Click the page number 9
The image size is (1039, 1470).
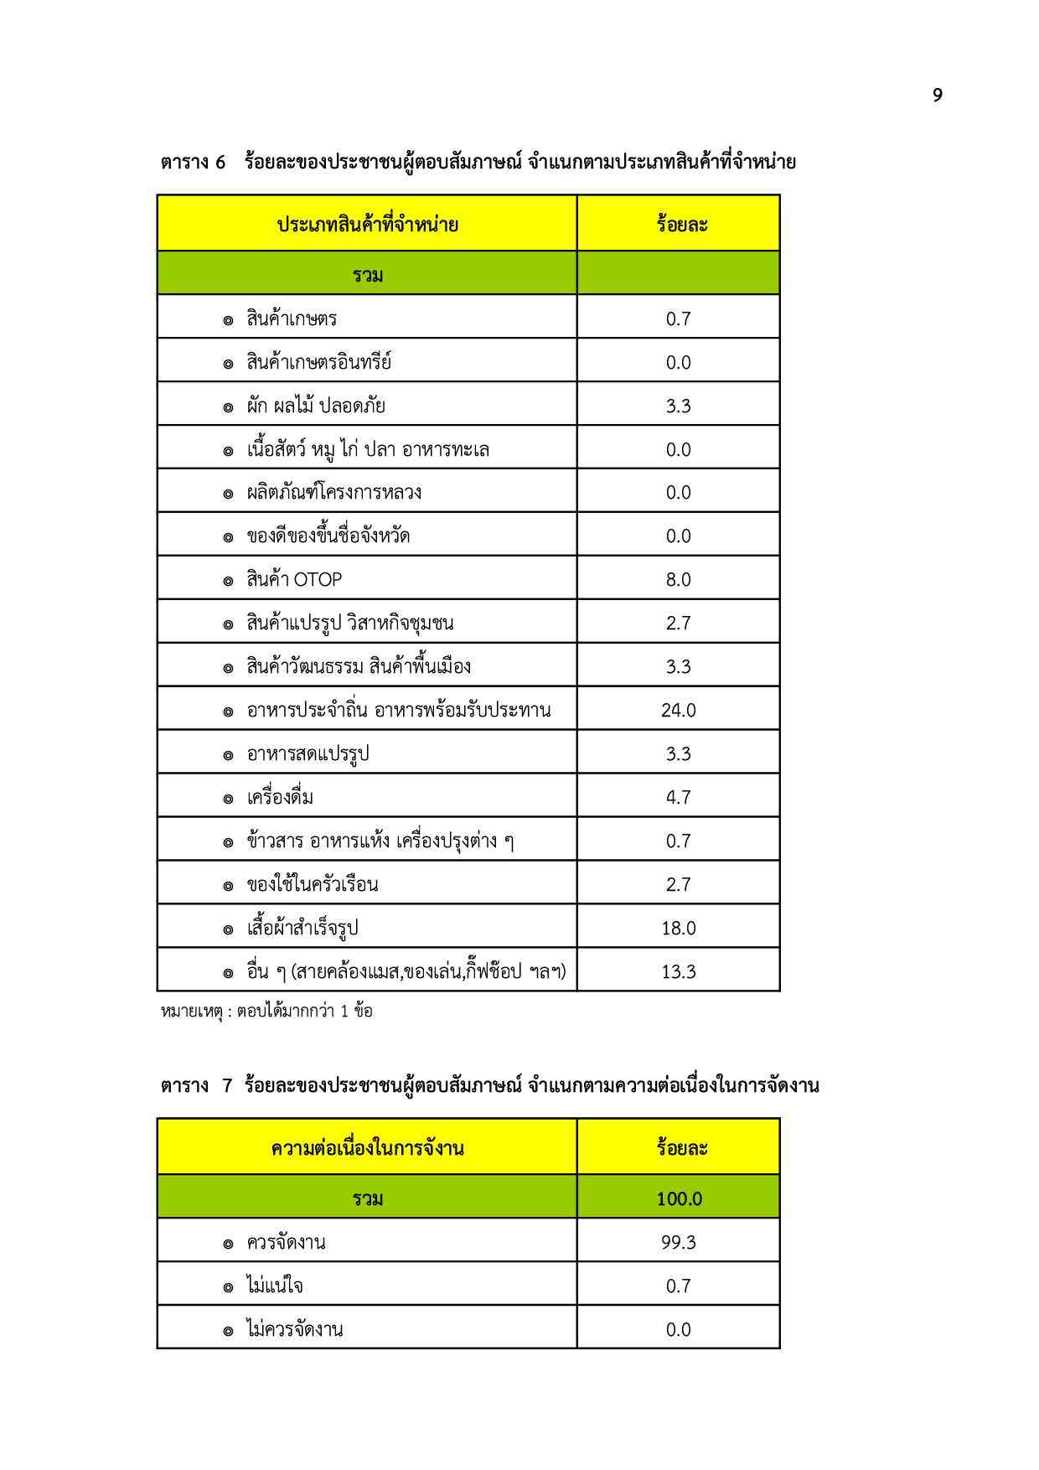937,96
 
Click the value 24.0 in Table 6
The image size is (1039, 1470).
678,710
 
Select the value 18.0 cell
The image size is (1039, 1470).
678,928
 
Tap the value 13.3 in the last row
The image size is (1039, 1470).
678,971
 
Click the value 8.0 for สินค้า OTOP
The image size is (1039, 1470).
678,579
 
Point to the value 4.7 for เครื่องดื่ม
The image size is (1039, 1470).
678,797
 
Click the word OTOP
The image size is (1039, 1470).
318,579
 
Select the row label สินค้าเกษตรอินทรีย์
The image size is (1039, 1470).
318,362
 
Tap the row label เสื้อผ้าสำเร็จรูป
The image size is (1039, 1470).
302,928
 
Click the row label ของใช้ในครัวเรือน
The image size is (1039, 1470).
312,884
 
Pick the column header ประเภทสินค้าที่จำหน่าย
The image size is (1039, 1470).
367,225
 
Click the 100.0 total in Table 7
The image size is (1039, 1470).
679,1198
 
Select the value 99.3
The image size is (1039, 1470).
678,1242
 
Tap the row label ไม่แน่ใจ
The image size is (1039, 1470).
275,1286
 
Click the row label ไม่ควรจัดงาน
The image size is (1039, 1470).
294,1329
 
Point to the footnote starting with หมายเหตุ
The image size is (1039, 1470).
266,1011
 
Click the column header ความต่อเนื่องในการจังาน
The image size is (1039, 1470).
367,1147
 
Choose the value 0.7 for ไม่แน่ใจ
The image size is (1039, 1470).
678,1286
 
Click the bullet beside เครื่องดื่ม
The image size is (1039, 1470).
228,799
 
